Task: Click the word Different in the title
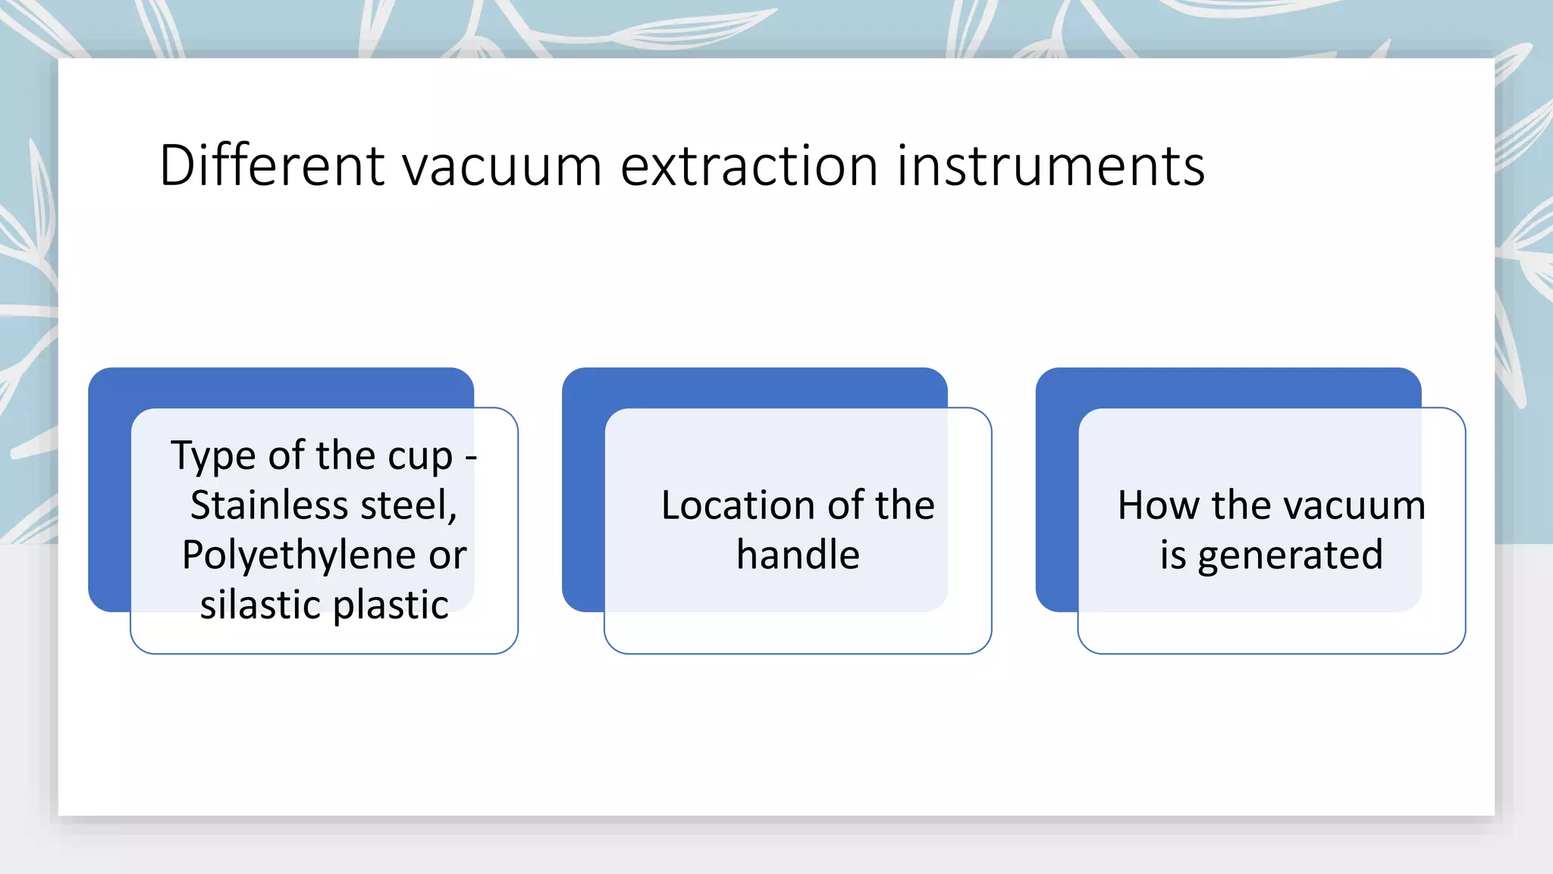pyautogui.click(x=272, y=165)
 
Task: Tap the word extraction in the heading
pyautogui.click(x=748, y=165)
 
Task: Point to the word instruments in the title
pyautogui.click(x=1050, y=165)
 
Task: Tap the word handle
pyautogui.click(x=798, y=555)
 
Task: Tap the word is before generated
pyautogui.click(x=1172, y=555)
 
